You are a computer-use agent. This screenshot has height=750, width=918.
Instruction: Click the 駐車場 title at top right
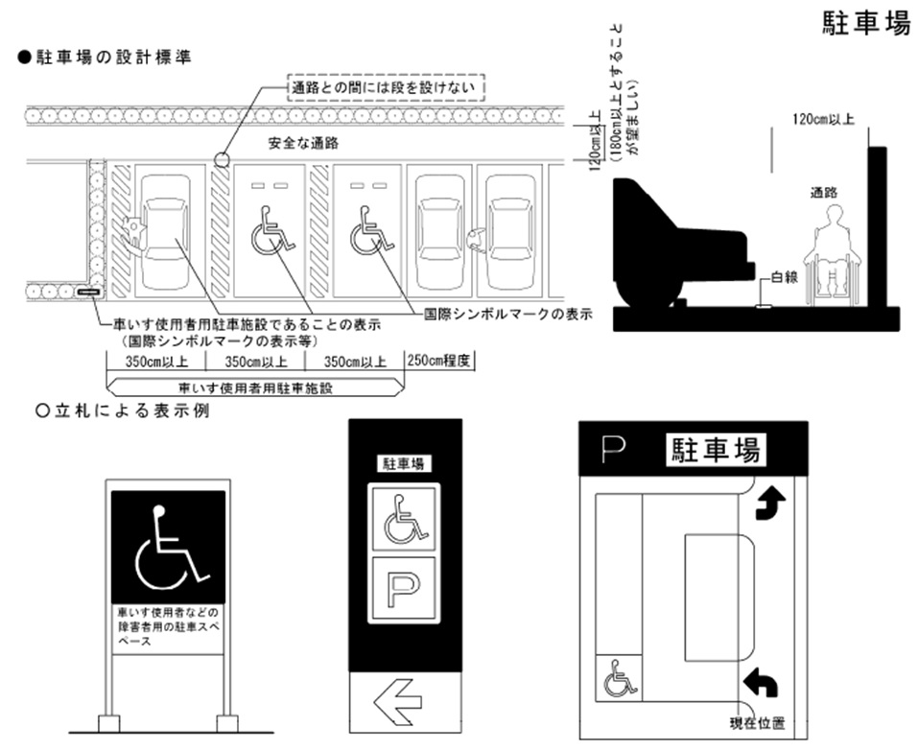click(x=865, y=24)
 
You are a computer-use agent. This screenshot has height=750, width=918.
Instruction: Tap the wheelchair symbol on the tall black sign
click(x=402, y=518)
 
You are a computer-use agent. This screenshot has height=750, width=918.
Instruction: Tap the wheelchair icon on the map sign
click(x=619, y=681)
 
